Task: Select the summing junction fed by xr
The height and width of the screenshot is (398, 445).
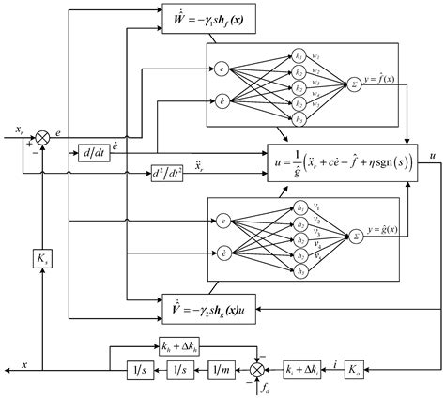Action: coord(41,139)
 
